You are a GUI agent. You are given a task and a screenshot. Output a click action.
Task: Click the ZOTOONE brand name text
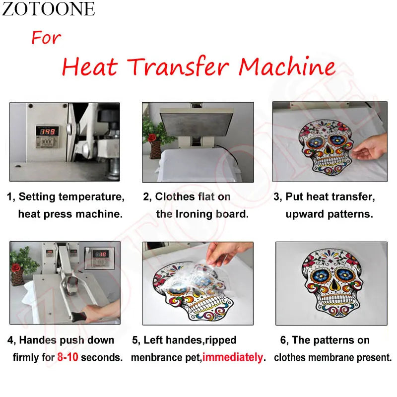pyautogui.click(x=48, y=9)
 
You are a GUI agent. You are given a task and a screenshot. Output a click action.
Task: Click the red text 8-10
pyautogui.click(x=67, y=357)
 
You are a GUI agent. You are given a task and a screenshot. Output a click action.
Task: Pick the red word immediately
pyautogui.click(x=233, y=357)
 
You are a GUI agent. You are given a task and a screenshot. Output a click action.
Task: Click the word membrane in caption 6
pyautogui.click(x=328, y=357)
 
